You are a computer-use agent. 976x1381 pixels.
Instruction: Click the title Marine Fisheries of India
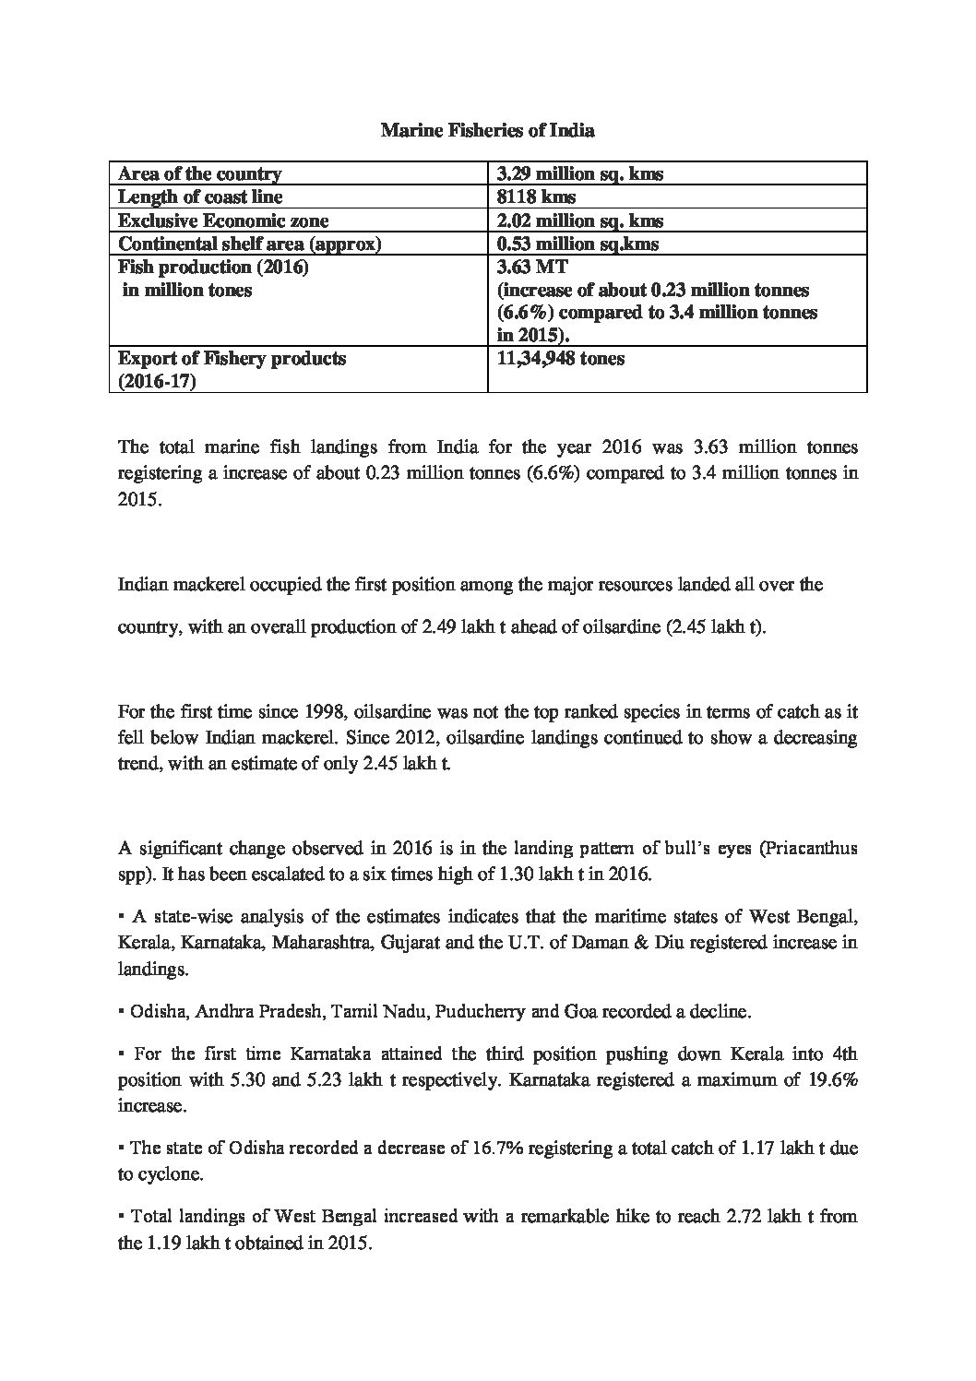click(x=487, y=131)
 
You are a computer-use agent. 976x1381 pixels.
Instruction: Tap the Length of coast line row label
click(x=200, y=196)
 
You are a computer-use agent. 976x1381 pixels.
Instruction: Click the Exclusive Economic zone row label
click(x=223, y=220)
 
